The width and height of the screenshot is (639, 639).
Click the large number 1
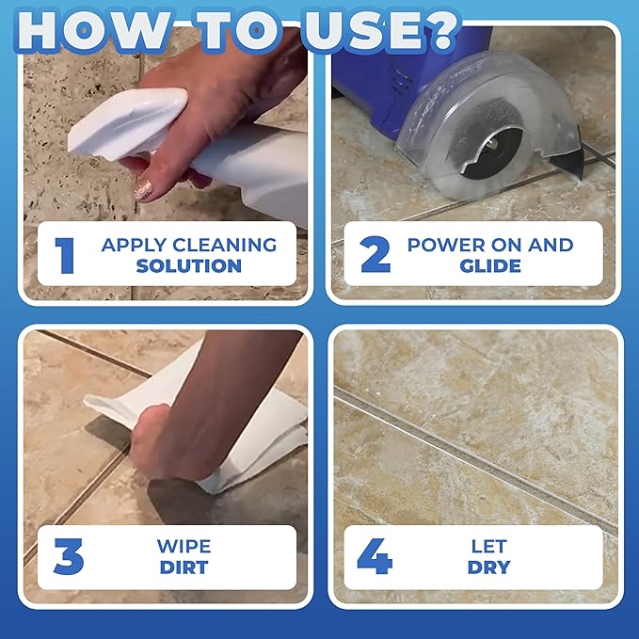point(65,255)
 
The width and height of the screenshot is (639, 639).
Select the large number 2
point(375,255)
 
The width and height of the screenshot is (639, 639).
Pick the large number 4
point(375,557)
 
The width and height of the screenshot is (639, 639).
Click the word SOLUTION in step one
point(189,265)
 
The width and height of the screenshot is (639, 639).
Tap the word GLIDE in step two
point(489,265)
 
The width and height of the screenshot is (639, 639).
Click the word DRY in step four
point(488,567)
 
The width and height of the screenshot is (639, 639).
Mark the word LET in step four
point(488,547)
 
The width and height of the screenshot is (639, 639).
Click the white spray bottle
point(216,151)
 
